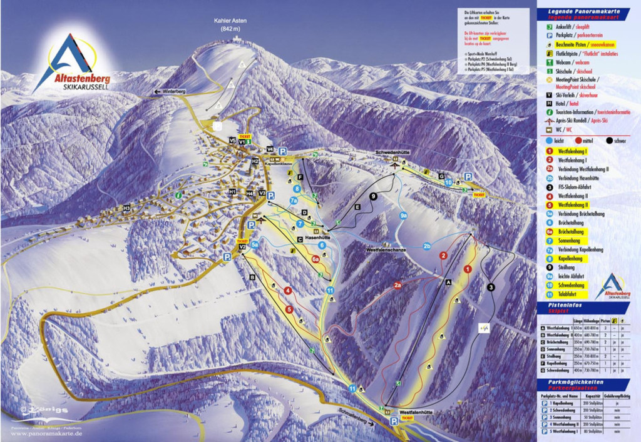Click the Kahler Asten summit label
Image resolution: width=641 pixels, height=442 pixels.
click(x=230, y=21)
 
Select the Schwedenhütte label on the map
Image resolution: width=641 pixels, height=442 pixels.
click(x=392, y=153)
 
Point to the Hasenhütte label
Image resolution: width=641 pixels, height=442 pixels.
click(x=317, y=238)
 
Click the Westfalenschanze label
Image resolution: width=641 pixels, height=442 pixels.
click(x=386, y=249)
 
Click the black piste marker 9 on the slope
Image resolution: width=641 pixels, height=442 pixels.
click(x=373, y=196)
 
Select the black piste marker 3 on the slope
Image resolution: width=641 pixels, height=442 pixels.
click(x=491, y=287)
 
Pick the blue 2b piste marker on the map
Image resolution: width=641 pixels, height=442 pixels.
click(x=427, y=246)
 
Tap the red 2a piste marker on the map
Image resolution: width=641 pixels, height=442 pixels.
click(x=397, y=285)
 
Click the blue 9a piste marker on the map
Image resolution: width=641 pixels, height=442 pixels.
click(x=404, y=215)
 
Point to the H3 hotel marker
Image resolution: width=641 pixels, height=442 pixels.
click(x=126, y=208)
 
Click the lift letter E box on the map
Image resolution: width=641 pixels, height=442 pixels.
click(x=357, y=206)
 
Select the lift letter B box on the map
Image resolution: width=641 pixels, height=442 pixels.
click(x=252, y=276)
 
